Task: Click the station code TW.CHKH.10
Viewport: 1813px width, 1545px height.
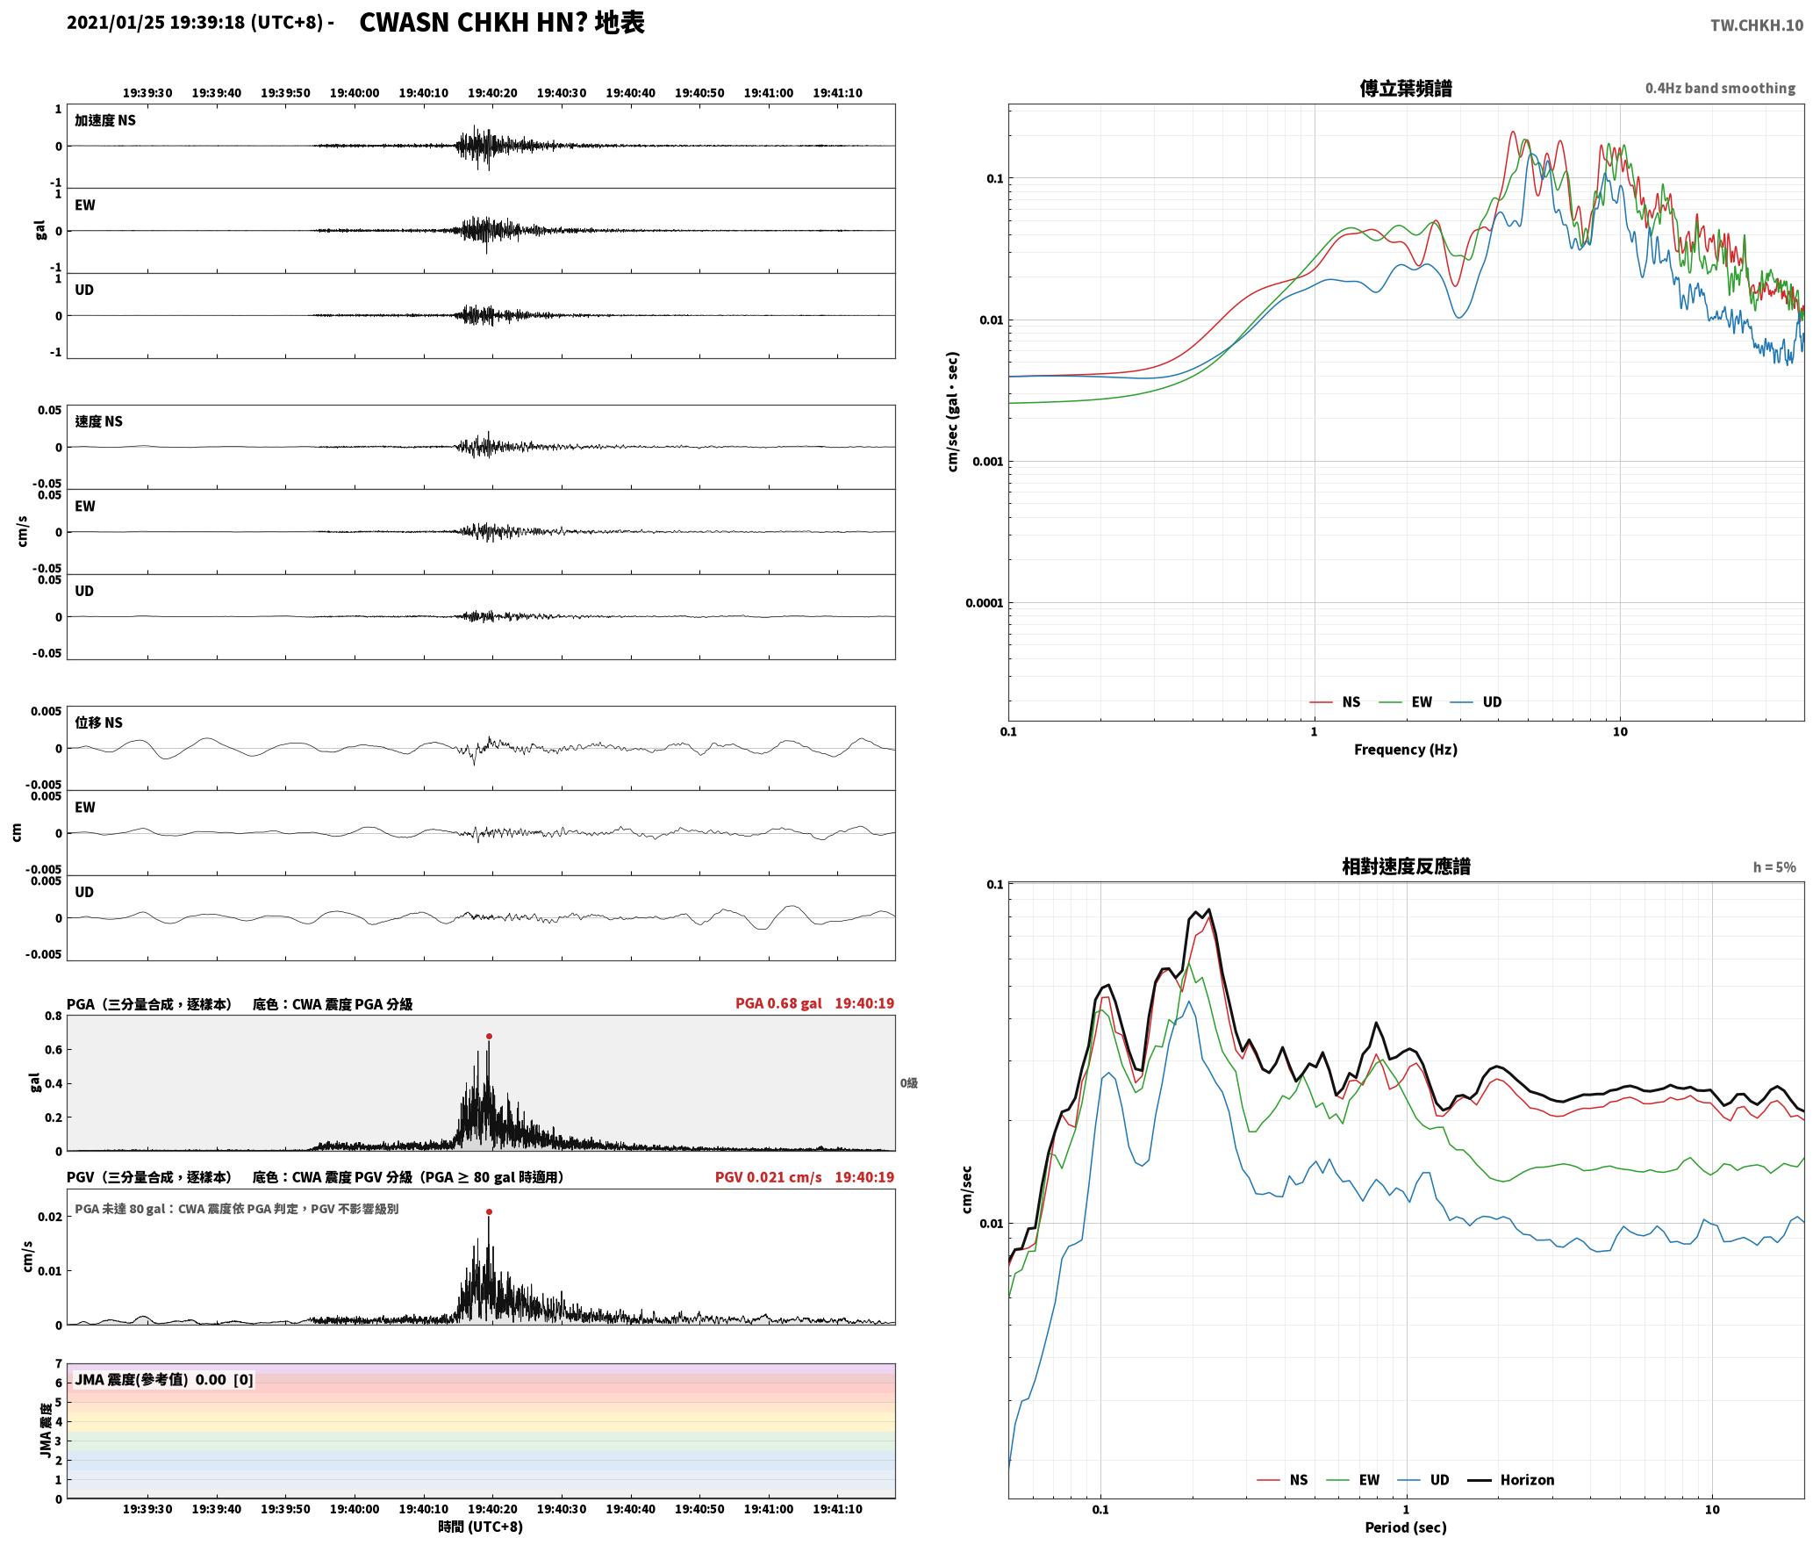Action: [x=1756, y=25]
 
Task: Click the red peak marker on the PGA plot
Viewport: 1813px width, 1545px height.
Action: [x=489, y=1036]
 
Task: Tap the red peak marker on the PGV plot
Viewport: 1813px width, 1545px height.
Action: [x=489, y=1211]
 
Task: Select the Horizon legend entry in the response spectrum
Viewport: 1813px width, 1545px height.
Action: [x=1511, y=1479]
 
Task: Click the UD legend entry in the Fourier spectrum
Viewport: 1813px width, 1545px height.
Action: [x=1476, y=701]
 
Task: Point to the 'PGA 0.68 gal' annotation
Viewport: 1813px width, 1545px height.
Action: [x=778, y=1002]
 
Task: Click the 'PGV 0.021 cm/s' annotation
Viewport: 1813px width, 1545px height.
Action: [x=769, y=1176]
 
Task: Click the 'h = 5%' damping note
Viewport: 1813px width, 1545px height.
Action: [x=1774, y=866]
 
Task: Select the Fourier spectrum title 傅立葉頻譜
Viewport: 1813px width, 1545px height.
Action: [x=1406, y=88]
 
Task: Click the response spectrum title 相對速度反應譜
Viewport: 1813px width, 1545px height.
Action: [x=1406, y=866]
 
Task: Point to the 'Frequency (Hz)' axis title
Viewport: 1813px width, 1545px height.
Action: [x=1406, y=749]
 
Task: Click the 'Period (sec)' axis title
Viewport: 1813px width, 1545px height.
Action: [x=1406, y=1527]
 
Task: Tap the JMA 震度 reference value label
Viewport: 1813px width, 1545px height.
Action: [x=164, y=1379]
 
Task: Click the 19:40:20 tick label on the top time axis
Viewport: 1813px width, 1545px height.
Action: [x=492, y=92]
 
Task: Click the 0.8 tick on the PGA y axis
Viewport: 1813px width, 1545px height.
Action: [x=53, y=1016]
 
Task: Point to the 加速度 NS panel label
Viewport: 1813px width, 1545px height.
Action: [x=105, y=120]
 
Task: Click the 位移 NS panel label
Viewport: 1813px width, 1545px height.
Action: [x=98, y=722]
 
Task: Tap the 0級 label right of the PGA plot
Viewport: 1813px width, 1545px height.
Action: [x=908, y=1082]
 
